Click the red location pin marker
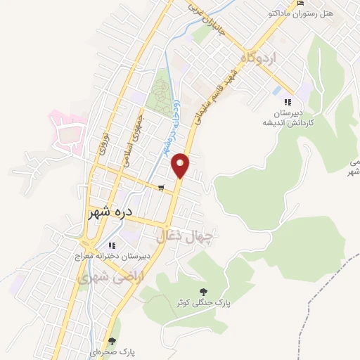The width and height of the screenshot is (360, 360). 181,165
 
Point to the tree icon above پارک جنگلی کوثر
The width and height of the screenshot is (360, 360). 204,291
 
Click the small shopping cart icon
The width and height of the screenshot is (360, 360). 161,188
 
